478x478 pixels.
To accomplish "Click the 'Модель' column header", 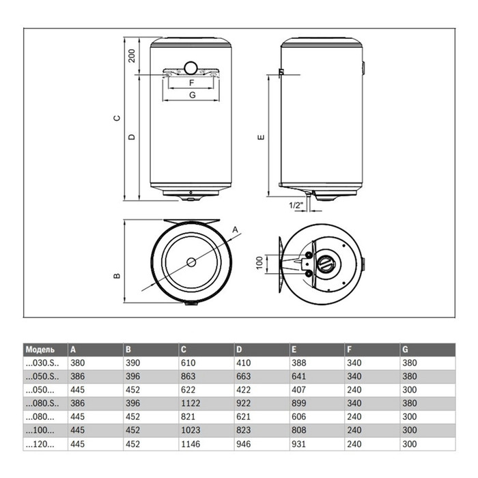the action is click(x=40, y=350).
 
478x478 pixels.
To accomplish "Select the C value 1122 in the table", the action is click(x=191, y=403).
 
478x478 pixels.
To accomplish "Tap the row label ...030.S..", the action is click(x=42, y=363).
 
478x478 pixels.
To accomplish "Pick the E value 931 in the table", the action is click(x=298, y=444).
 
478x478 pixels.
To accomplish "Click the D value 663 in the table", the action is click(x=243, y=376).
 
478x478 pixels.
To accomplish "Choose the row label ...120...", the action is click(x=40, y=444).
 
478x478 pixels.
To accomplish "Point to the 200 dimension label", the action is click(x=131, y=56).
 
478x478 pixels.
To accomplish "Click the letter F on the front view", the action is click(x=191, y=83).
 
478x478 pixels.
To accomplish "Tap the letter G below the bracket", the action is click(x=193, y=95).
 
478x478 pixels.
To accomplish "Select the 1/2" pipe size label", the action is click(x=296, y=205).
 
